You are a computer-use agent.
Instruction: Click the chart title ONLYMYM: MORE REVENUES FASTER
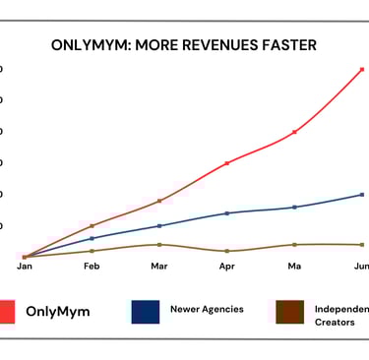[x=184, y=45]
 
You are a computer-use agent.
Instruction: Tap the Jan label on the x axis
[x=25, y=267]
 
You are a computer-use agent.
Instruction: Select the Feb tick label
[x=92, y=267]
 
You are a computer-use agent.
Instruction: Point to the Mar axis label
[x=159, y=267]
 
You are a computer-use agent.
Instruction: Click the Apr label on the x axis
[x=227, y=267]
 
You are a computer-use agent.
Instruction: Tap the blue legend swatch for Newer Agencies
[x=146, y=311]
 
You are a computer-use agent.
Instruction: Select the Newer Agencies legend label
[x=207, y=309]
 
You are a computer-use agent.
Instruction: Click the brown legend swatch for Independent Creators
[x=289, y=311]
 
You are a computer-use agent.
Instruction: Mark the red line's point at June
[x=363, y=69]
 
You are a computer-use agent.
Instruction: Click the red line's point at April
[x=227, y=162]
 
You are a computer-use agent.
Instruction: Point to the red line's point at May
[x=295, y=132]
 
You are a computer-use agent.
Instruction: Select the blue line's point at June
[x=363, y=195]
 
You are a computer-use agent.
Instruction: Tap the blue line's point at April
[x=227, y=212]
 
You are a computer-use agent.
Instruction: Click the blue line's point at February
[x=92, y=238]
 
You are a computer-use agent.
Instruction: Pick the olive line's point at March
[x=159, y=244]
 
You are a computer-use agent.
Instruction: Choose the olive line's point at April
[x=227, y=251]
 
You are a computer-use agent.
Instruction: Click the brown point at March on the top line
[x=159, y=201]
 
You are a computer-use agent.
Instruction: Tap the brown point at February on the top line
[x=92, y=226]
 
